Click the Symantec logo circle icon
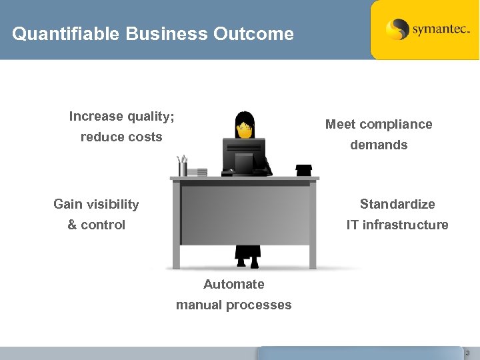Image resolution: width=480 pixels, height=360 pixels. [x=397, y=29]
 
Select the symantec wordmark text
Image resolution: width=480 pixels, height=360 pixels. [x=441, y=30]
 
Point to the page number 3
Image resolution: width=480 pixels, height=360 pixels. [x=467, y=353]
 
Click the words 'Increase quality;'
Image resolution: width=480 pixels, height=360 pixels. [x=121, y=117]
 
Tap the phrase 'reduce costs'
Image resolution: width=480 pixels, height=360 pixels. [x=121, y=137]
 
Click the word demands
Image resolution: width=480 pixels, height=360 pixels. [x=379, y=145]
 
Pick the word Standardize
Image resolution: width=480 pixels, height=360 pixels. [x=397, y=204]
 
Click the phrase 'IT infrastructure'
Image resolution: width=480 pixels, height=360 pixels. [x=397, y=225]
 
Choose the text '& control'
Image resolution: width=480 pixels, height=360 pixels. [x=96, y=225]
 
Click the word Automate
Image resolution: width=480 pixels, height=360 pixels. [x=233, y=285]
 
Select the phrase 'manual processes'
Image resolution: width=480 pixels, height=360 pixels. [x=233, y=305]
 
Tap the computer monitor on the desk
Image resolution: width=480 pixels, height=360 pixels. [x=243, y=155]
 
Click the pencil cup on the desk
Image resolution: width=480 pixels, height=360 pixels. [x=182, y=167]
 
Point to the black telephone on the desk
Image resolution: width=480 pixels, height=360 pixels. [x=305, y=170]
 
